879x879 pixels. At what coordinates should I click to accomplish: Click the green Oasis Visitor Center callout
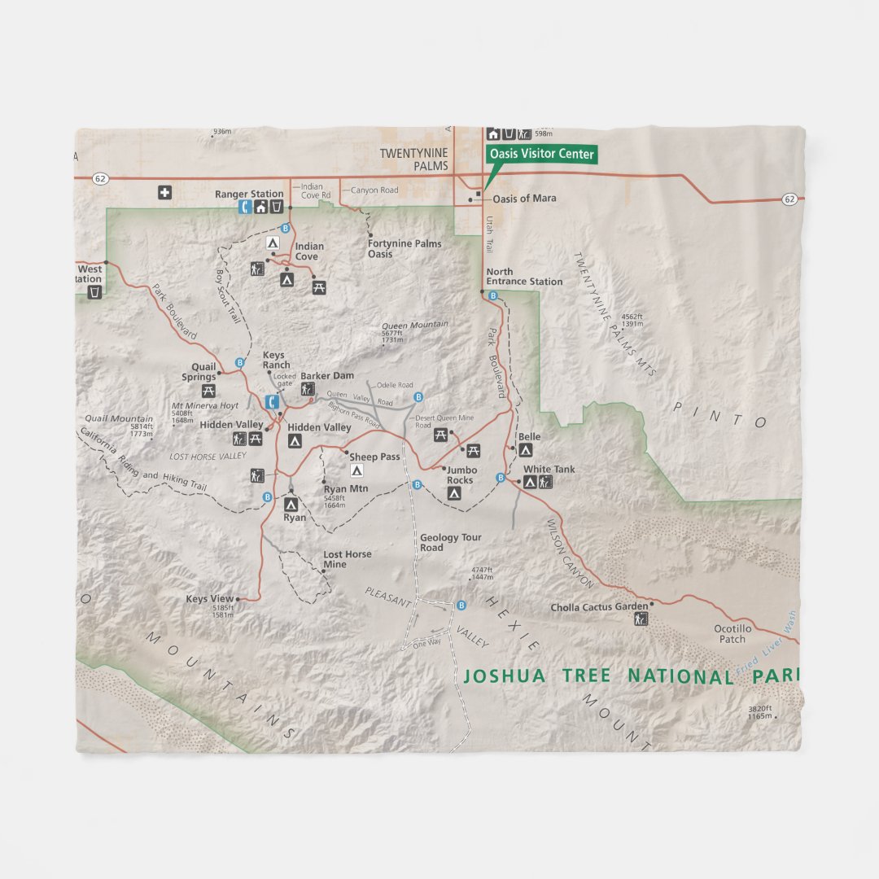(541, 155)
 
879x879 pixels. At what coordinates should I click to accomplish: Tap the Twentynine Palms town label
(414, 160)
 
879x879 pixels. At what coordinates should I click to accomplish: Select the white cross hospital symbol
(165, 193)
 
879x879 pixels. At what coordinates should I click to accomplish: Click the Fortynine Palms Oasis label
(405, 249)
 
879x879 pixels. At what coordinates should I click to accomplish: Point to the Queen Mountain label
(415, 325)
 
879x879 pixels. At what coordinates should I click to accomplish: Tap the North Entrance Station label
(524, 277)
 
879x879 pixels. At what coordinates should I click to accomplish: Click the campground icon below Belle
(526, 450)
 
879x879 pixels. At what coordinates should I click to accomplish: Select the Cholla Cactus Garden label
(599, 607)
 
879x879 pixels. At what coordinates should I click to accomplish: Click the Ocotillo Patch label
(732, 634)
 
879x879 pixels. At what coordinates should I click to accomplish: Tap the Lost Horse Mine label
(348, 559)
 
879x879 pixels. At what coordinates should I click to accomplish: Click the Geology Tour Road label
(451, 543)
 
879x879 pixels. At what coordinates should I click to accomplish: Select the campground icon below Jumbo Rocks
(455, 493)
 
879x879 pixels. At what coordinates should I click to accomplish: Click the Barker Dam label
(327, 376)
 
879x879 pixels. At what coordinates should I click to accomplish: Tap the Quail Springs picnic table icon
(208, 391)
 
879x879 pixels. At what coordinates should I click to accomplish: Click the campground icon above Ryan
(291, 505)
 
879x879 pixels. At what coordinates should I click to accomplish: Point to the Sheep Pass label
(374, 457)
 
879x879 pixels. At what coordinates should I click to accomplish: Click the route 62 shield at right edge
(789, 199)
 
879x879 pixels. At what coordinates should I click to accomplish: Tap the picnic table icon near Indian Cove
(319, 286)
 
